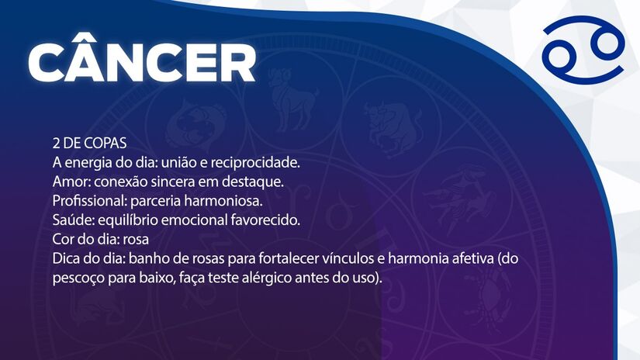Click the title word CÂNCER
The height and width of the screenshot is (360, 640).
click(141, 61)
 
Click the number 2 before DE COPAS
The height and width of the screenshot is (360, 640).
click(57, 145)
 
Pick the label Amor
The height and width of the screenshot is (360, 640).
click(70, 182)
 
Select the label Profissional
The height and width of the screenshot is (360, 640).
click(87, 201)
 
